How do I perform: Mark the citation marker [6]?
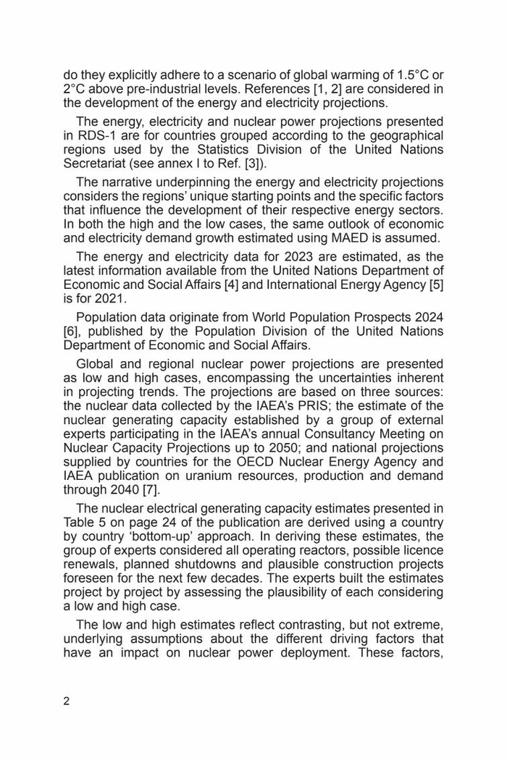click(71, 332)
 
